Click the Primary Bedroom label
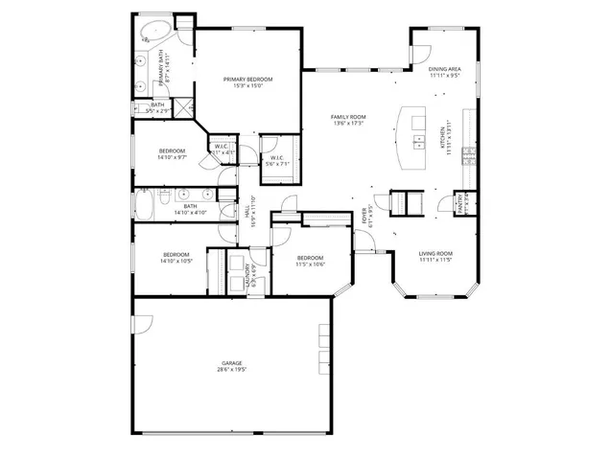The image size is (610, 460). (x=247, y=79)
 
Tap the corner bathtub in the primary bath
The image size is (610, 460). (x=153, y=34)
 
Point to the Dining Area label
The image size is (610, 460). (x=444, y=69)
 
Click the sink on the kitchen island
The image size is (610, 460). (x=419, y=143)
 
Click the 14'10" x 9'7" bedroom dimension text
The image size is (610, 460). (x=173, y=157)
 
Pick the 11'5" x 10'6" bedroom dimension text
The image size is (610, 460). (x=310, y=264)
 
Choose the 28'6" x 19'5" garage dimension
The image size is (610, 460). (x=231, y=369)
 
